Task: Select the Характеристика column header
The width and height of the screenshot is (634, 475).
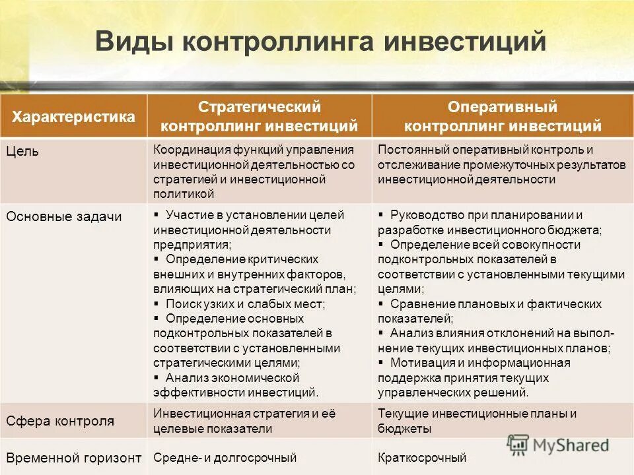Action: coord(74,117)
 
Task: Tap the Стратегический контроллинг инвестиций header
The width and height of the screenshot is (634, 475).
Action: coord(260,116)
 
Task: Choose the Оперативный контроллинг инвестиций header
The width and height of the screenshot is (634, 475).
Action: coord(503,116)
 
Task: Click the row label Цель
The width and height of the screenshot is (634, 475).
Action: coord(23,151)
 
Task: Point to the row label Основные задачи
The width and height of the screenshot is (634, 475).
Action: coord(64,216)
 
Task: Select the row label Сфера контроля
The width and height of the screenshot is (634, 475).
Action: coord(60,421)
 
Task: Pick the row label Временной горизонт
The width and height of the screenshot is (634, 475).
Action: coord(74,457)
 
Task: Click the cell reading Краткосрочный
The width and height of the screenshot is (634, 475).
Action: coord(422,457)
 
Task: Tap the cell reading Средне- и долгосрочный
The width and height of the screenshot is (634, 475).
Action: coord(225,457)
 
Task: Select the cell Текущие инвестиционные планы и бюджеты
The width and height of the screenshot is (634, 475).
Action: coord(477,421)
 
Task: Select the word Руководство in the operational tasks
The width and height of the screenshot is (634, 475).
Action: coord(423,215)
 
